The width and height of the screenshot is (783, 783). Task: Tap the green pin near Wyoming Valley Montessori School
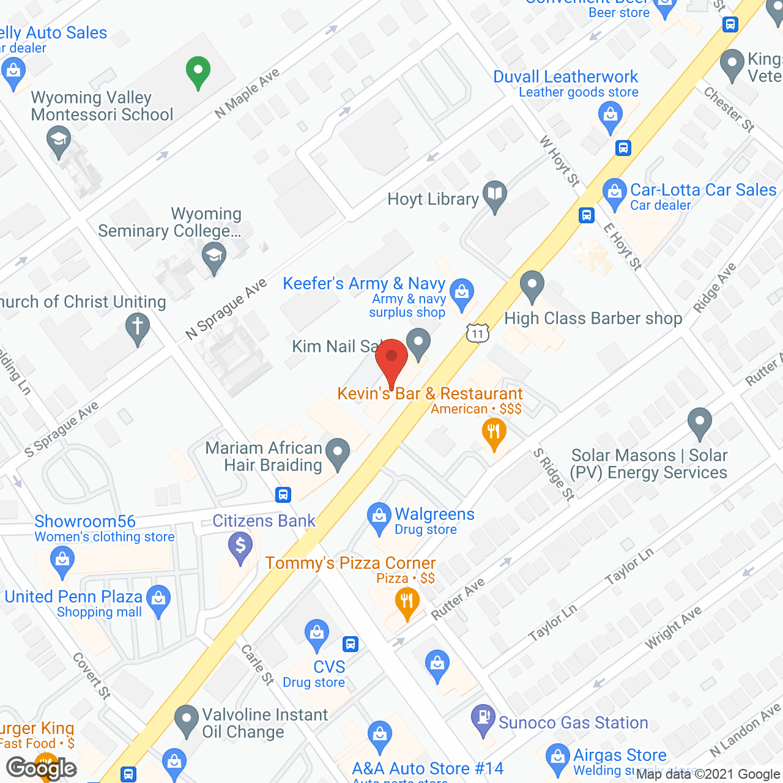[198, 72]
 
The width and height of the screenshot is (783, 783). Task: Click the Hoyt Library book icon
[494, 196]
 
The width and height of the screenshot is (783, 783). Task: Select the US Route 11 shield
[477, 333]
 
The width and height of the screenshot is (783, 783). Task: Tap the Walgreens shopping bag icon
[379, 518]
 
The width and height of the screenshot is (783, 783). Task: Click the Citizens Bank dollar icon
[240, 546]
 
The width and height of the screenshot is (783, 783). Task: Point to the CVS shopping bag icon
[317, 635]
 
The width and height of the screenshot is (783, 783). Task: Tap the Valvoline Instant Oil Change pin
[187, 720]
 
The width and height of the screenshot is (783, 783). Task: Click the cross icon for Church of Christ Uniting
[137, 327]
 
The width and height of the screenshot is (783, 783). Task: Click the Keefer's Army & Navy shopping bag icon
[462, 294]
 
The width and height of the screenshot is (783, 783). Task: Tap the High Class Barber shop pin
[532, 285]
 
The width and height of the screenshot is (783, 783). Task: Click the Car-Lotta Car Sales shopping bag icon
[614, 193]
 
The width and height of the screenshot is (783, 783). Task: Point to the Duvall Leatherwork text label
[565, 77]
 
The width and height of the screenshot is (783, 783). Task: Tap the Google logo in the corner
[41, 768]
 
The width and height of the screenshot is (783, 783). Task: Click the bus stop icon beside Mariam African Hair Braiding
[283, 494]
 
